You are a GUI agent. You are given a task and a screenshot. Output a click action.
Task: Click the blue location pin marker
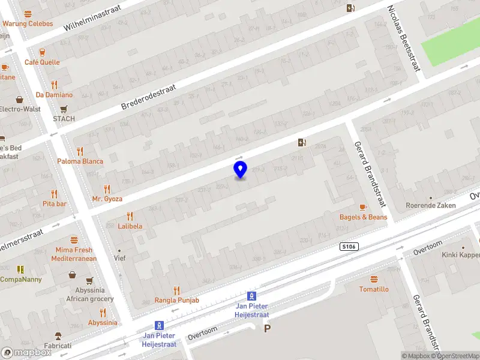240,170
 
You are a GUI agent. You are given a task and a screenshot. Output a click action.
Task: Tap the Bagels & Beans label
363,217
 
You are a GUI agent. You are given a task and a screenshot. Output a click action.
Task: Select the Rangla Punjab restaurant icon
176,290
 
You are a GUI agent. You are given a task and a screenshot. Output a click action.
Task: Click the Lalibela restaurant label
130,226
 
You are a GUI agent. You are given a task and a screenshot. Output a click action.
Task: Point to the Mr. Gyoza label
107,199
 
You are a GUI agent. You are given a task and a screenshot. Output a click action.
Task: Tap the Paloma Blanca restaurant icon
80,151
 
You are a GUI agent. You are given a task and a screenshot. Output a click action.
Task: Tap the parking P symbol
268,328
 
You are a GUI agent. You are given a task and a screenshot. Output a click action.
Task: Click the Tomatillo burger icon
374,280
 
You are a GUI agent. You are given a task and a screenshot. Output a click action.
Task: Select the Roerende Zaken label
430,205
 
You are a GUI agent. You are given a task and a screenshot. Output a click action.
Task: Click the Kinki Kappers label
461,255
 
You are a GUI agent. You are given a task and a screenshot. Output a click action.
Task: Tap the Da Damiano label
54,95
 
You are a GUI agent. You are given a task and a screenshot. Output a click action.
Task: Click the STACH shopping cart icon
64,109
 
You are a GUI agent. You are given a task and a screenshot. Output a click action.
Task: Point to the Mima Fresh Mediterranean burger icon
74,240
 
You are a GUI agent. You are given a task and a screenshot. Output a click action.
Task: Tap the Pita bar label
55,203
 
